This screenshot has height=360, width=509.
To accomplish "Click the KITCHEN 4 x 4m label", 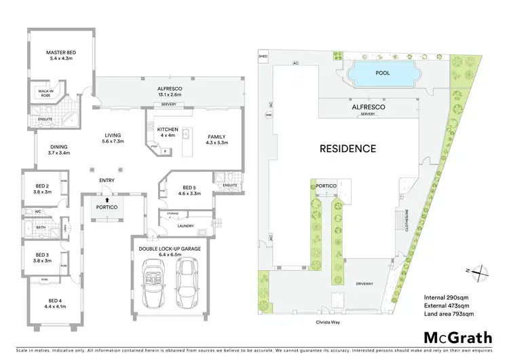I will click(167, 132).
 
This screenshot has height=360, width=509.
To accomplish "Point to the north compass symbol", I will click(478, 271).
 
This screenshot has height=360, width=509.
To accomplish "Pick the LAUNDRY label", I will click(185, 226).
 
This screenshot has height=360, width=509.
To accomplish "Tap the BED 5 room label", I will click(190, 191).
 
